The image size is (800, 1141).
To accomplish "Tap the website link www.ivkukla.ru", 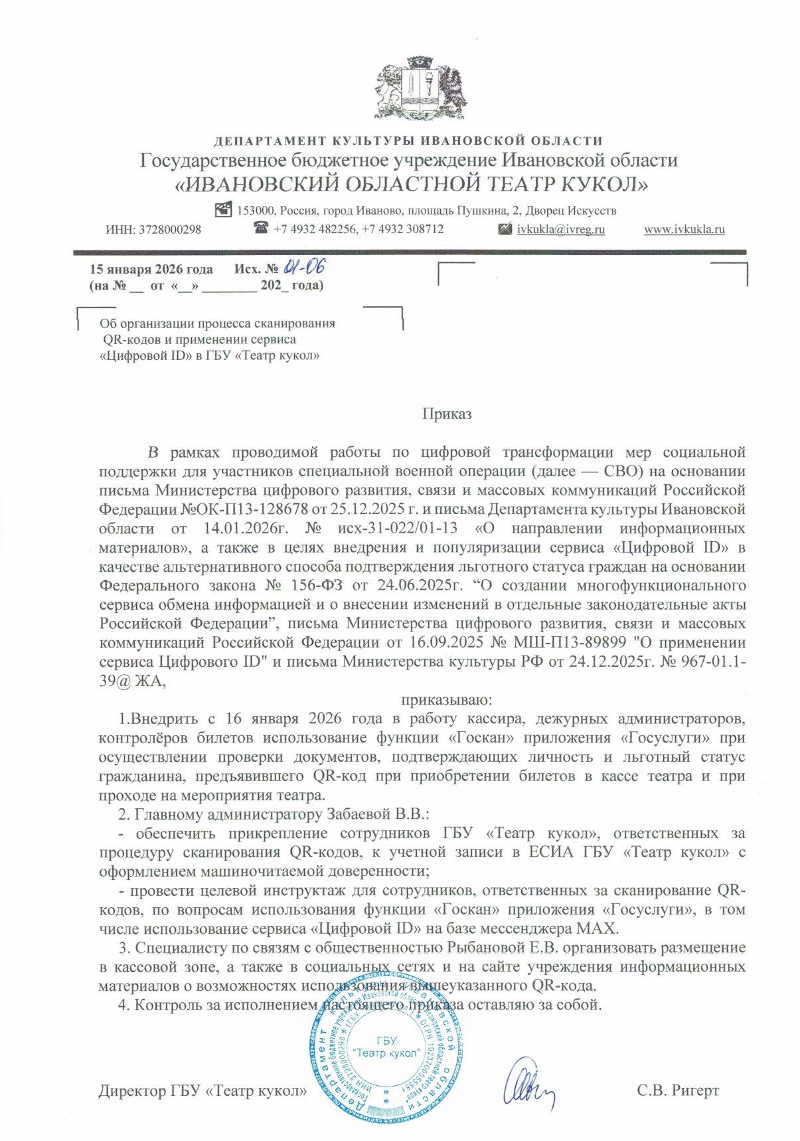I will click(684, 229).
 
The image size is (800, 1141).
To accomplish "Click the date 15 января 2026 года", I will click(151, 270).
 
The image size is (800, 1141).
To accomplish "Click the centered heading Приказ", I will click(447, 414).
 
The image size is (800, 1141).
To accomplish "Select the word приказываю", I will click(445, 699).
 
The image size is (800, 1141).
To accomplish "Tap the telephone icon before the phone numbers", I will click(261, 228).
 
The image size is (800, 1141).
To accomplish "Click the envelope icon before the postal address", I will click(224, 209).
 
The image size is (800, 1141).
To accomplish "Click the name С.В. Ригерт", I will click(677, 1091).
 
